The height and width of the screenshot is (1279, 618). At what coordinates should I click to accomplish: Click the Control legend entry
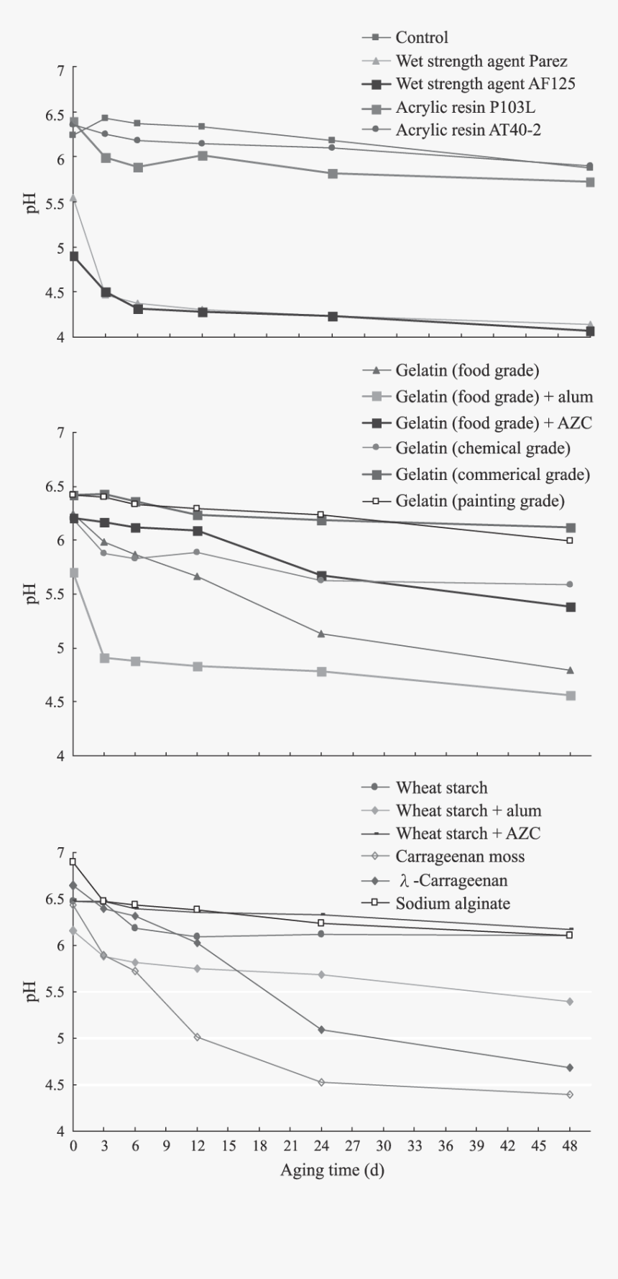click(x=421, y=37)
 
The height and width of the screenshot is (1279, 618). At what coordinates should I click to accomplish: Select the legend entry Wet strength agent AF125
click(x=485, y=84)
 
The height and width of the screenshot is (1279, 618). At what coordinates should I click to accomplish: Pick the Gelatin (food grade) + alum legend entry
click(x=494, y=397)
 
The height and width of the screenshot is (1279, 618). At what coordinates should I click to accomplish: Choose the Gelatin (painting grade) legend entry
click(x=479, y=501)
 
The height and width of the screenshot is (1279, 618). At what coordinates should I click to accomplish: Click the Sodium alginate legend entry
click(x=453, y=903)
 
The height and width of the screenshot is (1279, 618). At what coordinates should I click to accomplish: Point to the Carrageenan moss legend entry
click(x=460, y=856)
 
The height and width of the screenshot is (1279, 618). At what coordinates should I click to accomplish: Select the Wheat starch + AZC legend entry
click(x=468, y=834)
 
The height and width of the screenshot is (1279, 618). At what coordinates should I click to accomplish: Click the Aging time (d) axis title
click(x=332, y=1171)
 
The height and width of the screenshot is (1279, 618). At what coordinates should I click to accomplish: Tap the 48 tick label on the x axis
click(x=570, y=1146)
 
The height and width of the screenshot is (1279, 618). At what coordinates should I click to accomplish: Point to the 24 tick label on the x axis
click(x=321, y=1146)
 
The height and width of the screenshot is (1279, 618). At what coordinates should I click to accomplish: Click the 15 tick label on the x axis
click(x=229, y=1146)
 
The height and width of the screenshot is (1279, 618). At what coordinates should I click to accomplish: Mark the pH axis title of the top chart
click(x=32, y=204)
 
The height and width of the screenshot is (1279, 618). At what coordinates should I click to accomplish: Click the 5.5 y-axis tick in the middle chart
click(x=54, y=594)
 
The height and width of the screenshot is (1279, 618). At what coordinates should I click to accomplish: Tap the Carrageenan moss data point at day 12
click(x=198, y=1038)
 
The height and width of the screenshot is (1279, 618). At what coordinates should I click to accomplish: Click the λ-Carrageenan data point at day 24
click(x=321, y=1030)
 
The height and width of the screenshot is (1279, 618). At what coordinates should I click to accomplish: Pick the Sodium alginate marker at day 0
click(x=73, y=862)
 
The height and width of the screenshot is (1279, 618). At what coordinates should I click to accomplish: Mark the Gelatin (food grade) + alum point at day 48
click(x=571, y=696)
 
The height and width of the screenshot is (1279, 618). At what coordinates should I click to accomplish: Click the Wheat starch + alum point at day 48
click(x=570, y=1002)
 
